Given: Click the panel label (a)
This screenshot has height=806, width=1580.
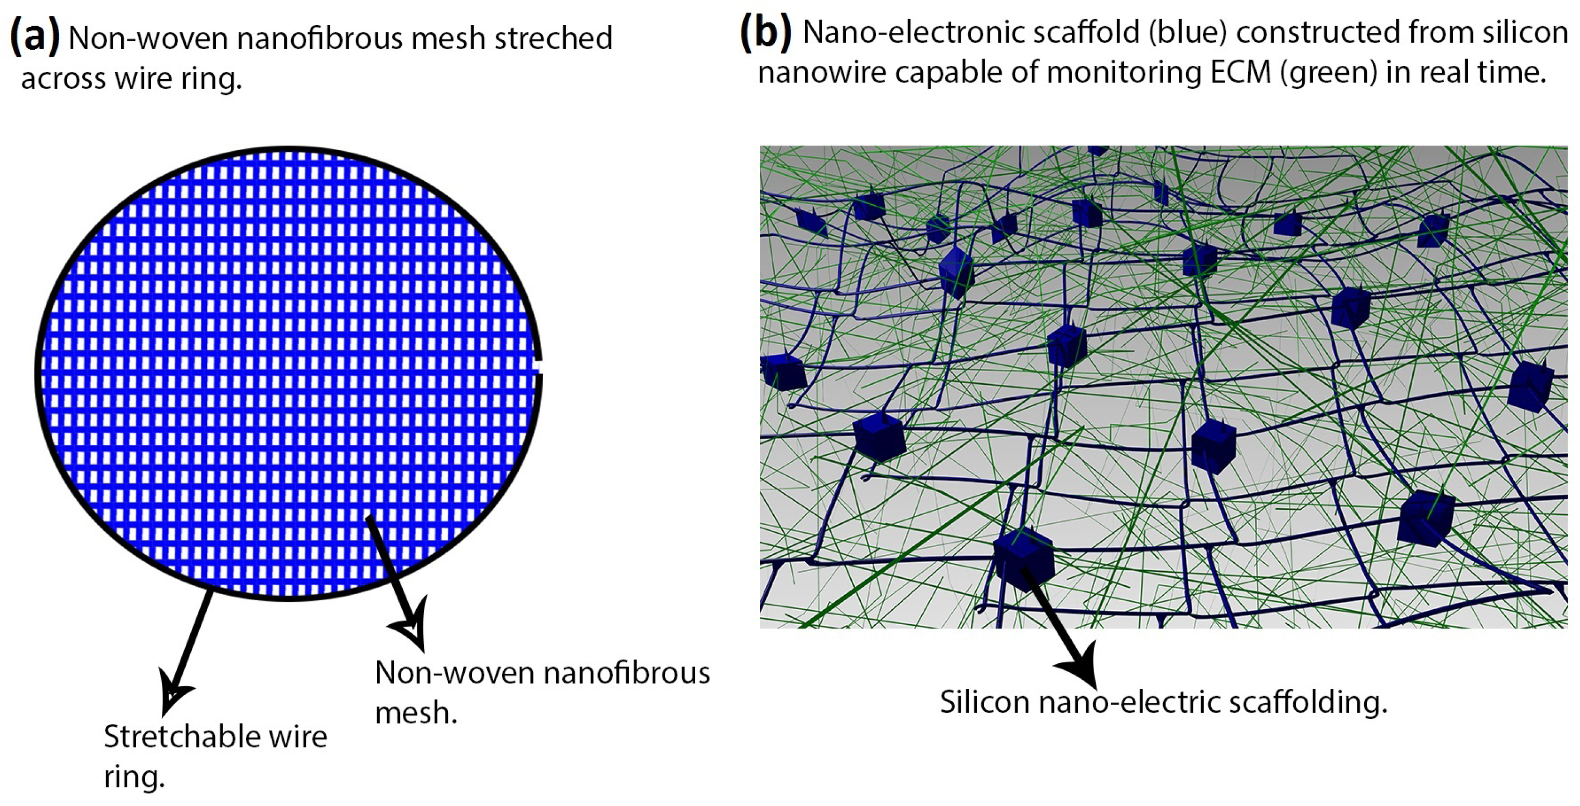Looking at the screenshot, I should tap(35, 37).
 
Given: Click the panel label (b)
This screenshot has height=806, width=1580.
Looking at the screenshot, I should tap(765, 32).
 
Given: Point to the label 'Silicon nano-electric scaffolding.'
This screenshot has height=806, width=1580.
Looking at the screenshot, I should tap(1164, 702).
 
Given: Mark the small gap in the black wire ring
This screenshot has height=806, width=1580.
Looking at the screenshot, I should tap(538, 366).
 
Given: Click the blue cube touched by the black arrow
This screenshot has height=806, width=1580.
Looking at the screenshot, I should tap(1023, 558).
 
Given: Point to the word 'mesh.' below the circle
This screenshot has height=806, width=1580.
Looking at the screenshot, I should tap(416, 713).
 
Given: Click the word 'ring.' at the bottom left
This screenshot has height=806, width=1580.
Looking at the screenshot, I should tap(134, 777).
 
